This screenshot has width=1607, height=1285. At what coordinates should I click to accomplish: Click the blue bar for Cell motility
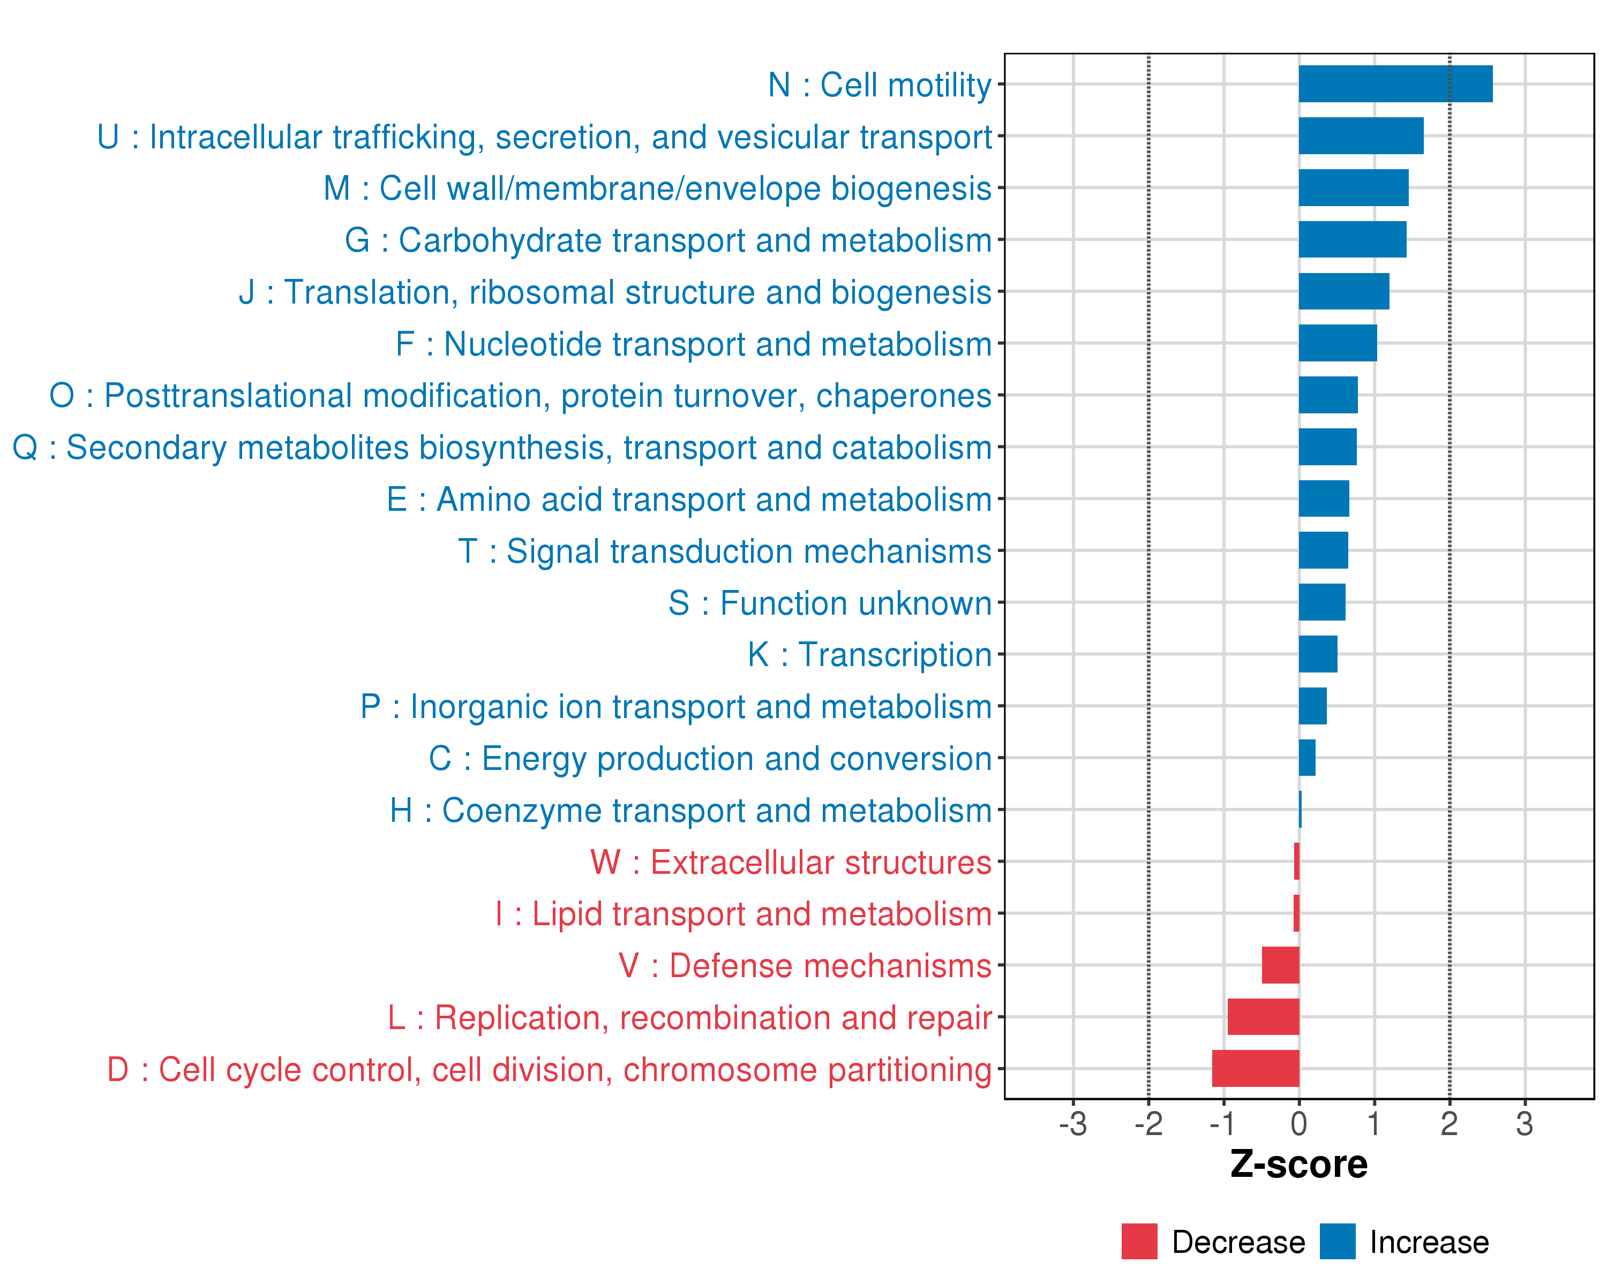pos(1395,84)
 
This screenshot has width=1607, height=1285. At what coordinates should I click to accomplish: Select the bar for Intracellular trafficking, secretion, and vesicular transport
pos(1361,135)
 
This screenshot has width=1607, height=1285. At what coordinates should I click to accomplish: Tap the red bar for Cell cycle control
pos(1256,1068)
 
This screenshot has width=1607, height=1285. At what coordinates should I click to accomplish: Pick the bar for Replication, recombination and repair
pos(1264,1017)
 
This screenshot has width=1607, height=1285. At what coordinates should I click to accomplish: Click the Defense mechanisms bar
pos(1281,965)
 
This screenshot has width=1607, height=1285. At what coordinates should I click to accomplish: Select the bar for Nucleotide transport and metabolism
pos(1338,343)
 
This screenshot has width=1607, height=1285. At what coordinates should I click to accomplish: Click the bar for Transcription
pos(1318,654)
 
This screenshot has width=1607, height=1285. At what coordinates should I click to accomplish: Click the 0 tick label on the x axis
pos(1299,1123)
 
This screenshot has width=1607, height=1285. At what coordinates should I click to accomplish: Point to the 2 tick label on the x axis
pos(1449,1123)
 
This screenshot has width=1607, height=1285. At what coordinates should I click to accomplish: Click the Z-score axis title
pos(1299,1165)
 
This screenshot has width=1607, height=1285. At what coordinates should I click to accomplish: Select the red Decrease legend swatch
pos(1139,1242)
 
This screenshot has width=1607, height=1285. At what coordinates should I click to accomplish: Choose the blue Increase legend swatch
pos(1337,1242)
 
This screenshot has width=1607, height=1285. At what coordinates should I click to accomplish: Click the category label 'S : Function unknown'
pos(830,603)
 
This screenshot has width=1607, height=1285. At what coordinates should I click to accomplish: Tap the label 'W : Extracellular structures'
pos(791,863)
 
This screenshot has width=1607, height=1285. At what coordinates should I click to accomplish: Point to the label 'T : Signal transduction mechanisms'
pos(725,552)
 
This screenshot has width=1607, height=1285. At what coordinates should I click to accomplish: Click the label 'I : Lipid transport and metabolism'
pos(743,914)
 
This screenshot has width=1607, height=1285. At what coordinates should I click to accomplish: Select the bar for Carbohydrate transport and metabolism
pos(1352,239)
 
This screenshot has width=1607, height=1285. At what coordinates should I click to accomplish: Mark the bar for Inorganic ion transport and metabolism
pos(1312,706)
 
